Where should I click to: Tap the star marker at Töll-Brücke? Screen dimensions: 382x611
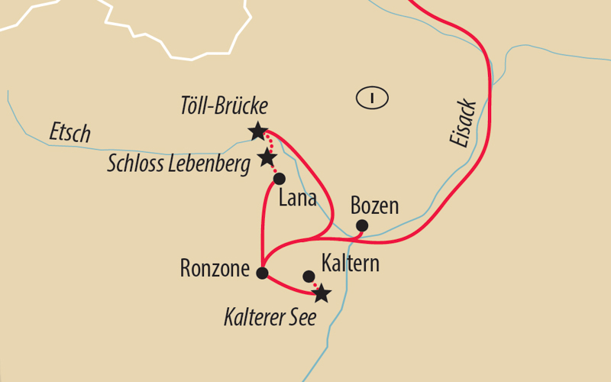258,131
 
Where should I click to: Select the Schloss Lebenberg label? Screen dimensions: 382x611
179,163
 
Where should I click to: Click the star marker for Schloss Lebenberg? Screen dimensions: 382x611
267,158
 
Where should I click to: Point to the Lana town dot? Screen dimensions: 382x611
279,179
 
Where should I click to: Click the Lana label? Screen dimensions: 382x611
299,199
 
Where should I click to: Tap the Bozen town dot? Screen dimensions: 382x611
362,225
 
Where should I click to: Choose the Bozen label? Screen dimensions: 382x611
374,206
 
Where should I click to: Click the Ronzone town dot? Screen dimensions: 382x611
263,273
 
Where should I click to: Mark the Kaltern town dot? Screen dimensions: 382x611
309,276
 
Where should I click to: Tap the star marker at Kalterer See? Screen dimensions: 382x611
322,293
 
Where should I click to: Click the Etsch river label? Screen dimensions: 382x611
70,132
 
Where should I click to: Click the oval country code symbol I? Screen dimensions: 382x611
373,97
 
